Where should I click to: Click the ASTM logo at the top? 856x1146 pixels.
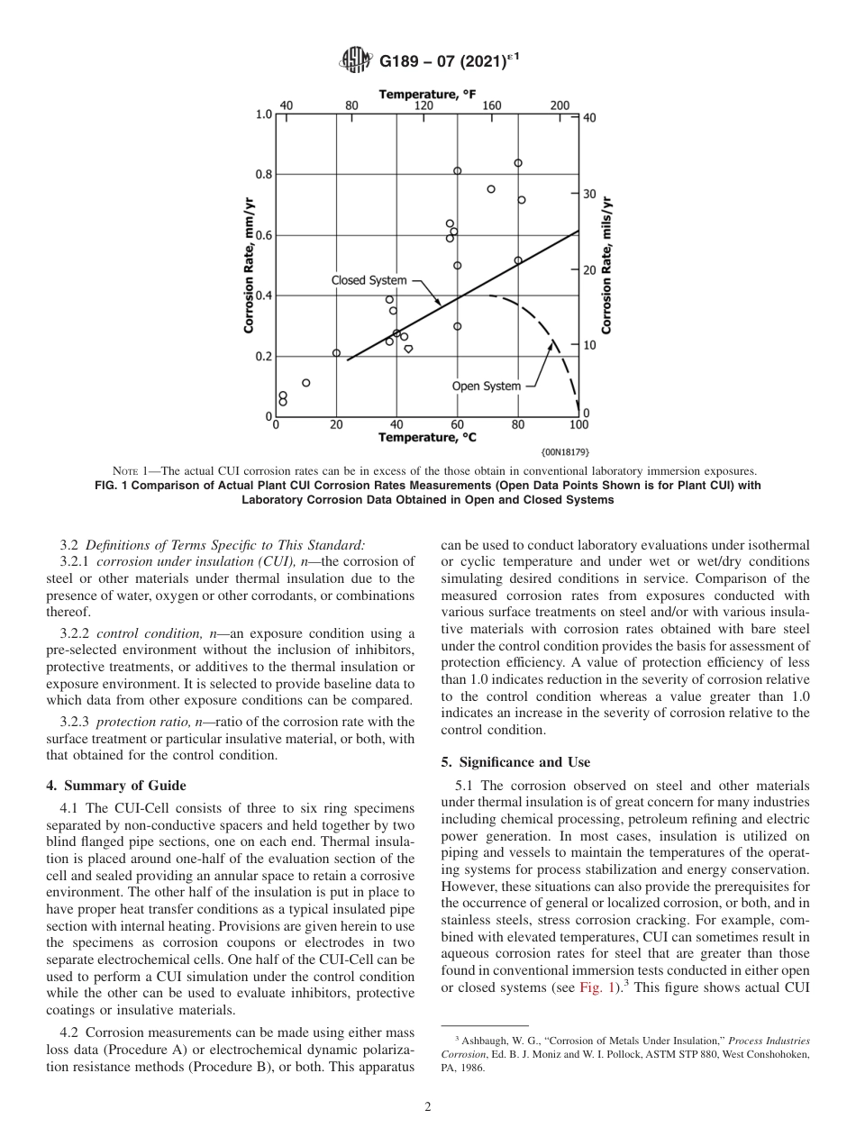click(355, 61)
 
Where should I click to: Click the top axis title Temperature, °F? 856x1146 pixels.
click(427, 94)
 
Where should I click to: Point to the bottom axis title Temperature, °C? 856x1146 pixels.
click(427, 437)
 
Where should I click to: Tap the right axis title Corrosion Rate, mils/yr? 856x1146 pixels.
click(606, 267)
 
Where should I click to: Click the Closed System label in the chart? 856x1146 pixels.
click(369, 280)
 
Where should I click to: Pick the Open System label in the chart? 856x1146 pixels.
click(486, 387)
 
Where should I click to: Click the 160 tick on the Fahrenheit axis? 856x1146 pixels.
click(492, 105)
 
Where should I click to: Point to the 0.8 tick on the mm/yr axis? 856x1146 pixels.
click(263, 174)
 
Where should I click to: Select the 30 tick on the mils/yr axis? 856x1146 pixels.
click(588, 194)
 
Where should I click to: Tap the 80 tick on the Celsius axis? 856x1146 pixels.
click(518, 425)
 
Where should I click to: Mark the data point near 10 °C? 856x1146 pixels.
click(306, 383)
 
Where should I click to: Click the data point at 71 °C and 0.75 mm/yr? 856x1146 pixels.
click(491, 189)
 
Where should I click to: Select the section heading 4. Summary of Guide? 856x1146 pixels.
click(115, 786)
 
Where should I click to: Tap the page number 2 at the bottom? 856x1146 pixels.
click(428, 1107)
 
